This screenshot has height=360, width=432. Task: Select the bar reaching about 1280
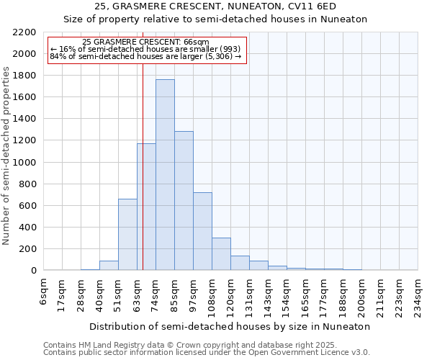click(x=184, y=201)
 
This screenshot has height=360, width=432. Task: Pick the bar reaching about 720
click(x=202, y=231)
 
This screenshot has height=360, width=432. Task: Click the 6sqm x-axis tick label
click(x=44, y=292)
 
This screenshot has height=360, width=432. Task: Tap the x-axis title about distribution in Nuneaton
click(x=230, y=326)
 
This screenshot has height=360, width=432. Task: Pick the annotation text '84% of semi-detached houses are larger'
click(x=146, y=56)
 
